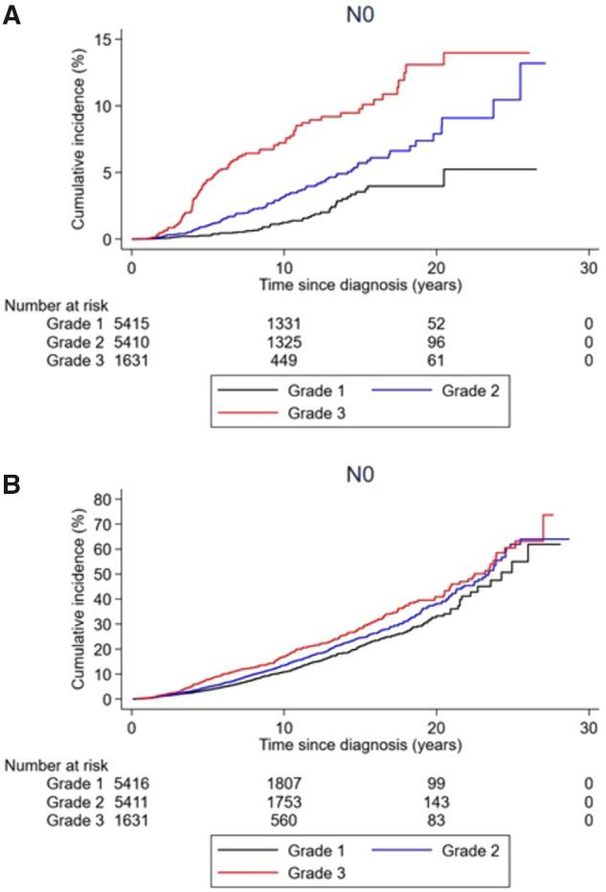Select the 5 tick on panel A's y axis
pyautogui.click(x=112, y=172)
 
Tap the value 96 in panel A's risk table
pyautogui.click(x=438, y=343)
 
